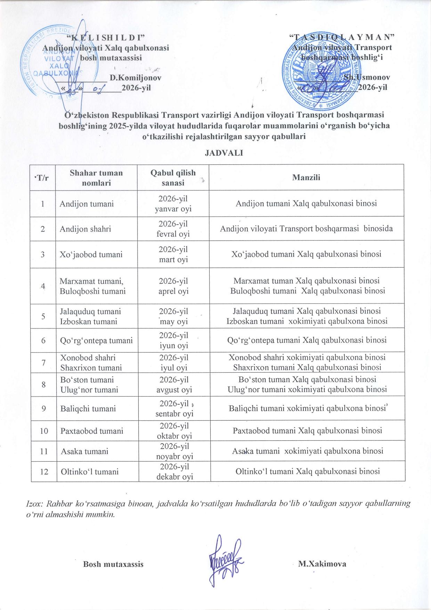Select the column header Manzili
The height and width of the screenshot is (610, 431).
pos(306,178)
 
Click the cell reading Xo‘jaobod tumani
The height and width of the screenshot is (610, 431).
pos(91,254)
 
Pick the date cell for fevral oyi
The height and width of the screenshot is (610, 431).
pos(173,229)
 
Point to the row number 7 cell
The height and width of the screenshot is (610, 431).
pos(43,363)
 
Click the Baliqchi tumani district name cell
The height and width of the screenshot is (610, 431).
pos(88,409)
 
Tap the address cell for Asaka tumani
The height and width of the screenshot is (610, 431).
pos(307,451)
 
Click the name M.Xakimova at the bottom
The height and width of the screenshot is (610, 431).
pos(322,564)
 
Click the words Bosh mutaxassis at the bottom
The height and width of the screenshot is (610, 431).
pos(113,564)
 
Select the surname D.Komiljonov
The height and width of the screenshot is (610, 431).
pos(136,78)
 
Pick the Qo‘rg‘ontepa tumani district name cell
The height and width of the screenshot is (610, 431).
pos(96,341)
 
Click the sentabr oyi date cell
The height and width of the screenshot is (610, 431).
pos(174,409)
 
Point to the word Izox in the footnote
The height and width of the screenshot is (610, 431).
pos(34,503)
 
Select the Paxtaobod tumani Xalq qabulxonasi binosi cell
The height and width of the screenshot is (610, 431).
pos(307,431)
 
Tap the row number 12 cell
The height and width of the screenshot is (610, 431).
pos(44,472)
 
